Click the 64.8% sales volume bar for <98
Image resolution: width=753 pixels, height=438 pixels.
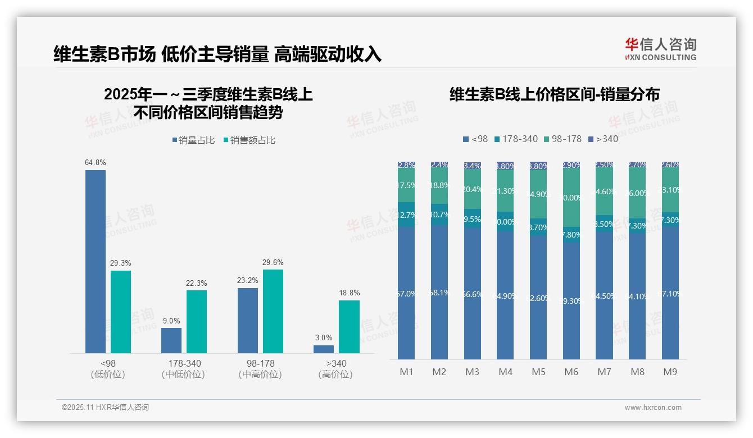tap(96, 261)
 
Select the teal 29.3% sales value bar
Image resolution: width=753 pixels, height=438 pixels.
tap(121, 312)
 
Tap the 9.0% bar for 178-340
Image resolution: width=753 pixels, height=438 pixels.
tap(171, 340)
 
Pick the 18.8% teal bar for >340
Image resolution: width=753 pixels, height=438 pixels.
tap(349, 326)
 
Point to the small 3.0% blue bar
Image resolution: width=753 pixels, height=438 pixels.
tap(324, 349)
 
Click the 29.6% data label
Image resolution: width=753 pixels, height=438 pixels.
tap(273, 262)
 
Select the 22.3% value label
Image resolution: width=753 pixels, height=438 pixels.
tap(197, 283)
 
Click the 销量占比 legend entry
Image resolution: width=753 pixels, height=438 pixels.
tap(193, 140)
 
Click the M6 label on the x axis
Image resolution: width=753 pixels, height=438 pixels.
tap(571, 372)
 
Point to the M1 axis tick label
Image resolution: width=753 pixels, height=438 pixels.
tap(406, 372)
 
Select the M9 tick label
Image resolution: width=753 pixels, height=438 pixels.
tap(670, 372)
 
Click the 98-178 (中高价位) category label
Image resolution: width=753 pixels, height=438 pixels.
tap(260, 368)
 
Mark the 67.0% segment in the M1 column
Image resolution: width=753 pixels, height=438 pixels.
tap(406, 293)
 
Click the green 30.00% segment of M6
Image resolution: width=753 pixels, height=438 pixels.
tap(571, 198)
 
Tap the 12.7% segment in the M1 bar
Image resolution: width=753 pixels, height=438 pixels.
tap(406, 215)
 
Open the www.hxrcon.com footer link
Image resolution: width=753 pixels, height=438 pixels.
tap(653, 408)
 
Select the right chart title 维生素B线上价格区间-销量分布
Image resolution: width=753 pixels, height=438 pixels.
tap(555, 94)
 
